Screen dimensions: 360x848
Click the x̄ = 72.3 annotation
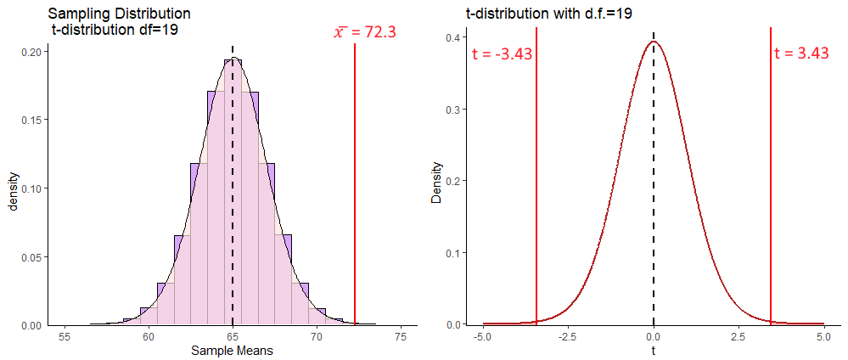point(365,33)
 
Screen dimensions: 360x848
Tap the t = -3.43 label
point(502,54)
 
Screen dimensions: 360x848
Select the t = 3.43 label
point(801,53)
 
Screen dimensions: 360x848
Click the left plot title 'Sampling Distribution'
point(120,14)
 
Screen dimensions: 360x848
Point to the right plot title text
point(548,14)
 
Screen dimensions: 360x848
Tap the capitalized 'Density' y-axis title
point(436,183)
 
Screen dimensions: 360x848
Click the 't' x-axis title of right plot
point(654,350)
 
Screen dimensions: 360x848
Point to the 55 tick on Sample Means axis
point(65,336)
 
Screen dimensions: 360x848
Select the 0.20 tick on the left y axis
point(30,52)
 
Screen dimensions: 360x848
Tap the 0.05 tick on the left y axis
point(30,257)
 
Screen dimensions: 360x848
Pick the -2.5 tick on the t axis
point(566,336)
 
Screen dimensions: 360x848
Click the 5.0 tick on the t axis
point(823,336)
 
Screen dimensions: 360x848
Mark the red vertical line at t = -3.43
point(536,187)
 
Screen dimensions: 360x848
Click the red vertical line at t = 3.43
point(771,187)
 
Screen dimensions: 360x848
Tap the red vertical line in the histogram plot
point(355,187)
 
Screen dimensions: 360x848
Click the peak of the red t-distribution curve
point(654,42)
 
